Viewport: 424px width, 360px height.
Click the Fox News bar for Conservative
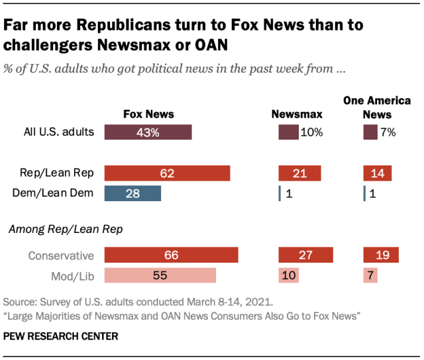(171, 255)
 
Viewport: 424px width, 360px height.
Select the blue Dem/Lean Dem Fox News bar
(132, 193)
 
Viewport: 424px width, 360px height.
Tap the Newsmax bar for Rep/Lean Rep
(299, 173)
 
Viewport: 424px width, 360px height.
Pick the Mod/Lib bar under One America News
(370, 275)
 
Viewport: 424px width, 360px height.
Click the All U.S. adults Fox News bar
(148, 132)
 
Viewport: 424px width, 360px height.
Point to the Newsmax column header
(298, 114)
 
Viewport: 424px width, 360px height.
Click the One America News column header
(377, 107)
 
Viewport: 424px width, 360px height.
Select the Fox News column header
(148, 114)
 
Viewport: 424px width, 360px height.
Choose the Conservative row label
(61, 255)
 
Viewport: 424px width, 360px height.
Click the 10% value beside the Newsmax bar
(311, 132)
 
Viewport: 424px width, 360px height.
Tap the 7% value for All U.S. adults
(388, 132)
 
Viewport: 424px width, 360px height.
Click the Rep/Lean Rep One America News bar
(377, 173)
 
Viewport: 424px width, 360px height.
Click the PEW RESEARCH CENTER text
(61, 336)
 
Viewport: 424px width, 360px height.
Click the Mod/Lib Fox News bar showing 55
(160, 275)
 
